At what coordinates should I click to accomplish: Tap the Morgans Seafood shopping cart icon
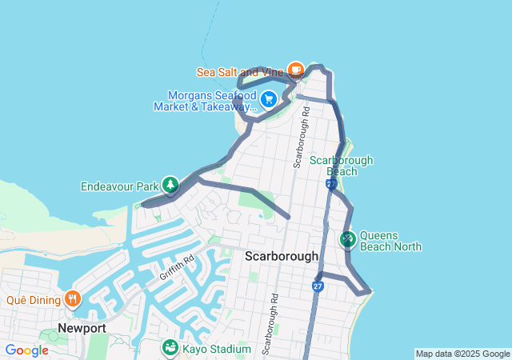point(269,99)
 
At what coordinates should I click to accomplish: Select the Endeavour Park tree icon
point(170,186)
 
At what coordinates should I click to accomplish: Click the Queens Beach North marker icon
point(347,238)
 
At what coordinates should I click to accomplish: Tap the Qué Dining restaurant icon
point(73,299)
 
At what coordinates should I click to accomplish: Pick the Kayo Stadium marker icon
point(170,348)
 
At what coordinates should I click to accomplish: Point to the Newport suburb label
point(82,328)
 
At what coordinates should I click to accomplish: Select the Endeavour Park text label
point(119,186)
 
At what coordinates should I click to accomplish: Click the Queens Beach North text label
point(390,241)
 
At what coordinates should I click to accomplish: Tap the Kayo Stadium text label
point(217,349)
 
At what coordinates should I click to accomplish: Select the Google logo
point(27,350)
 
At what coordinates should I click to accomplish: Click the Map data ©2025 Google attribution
point(462,354)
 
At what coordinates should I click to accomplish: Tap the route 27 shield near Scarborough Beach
point(330,185)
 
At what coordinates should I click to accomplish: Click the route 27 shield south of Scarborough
point(318,286)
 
